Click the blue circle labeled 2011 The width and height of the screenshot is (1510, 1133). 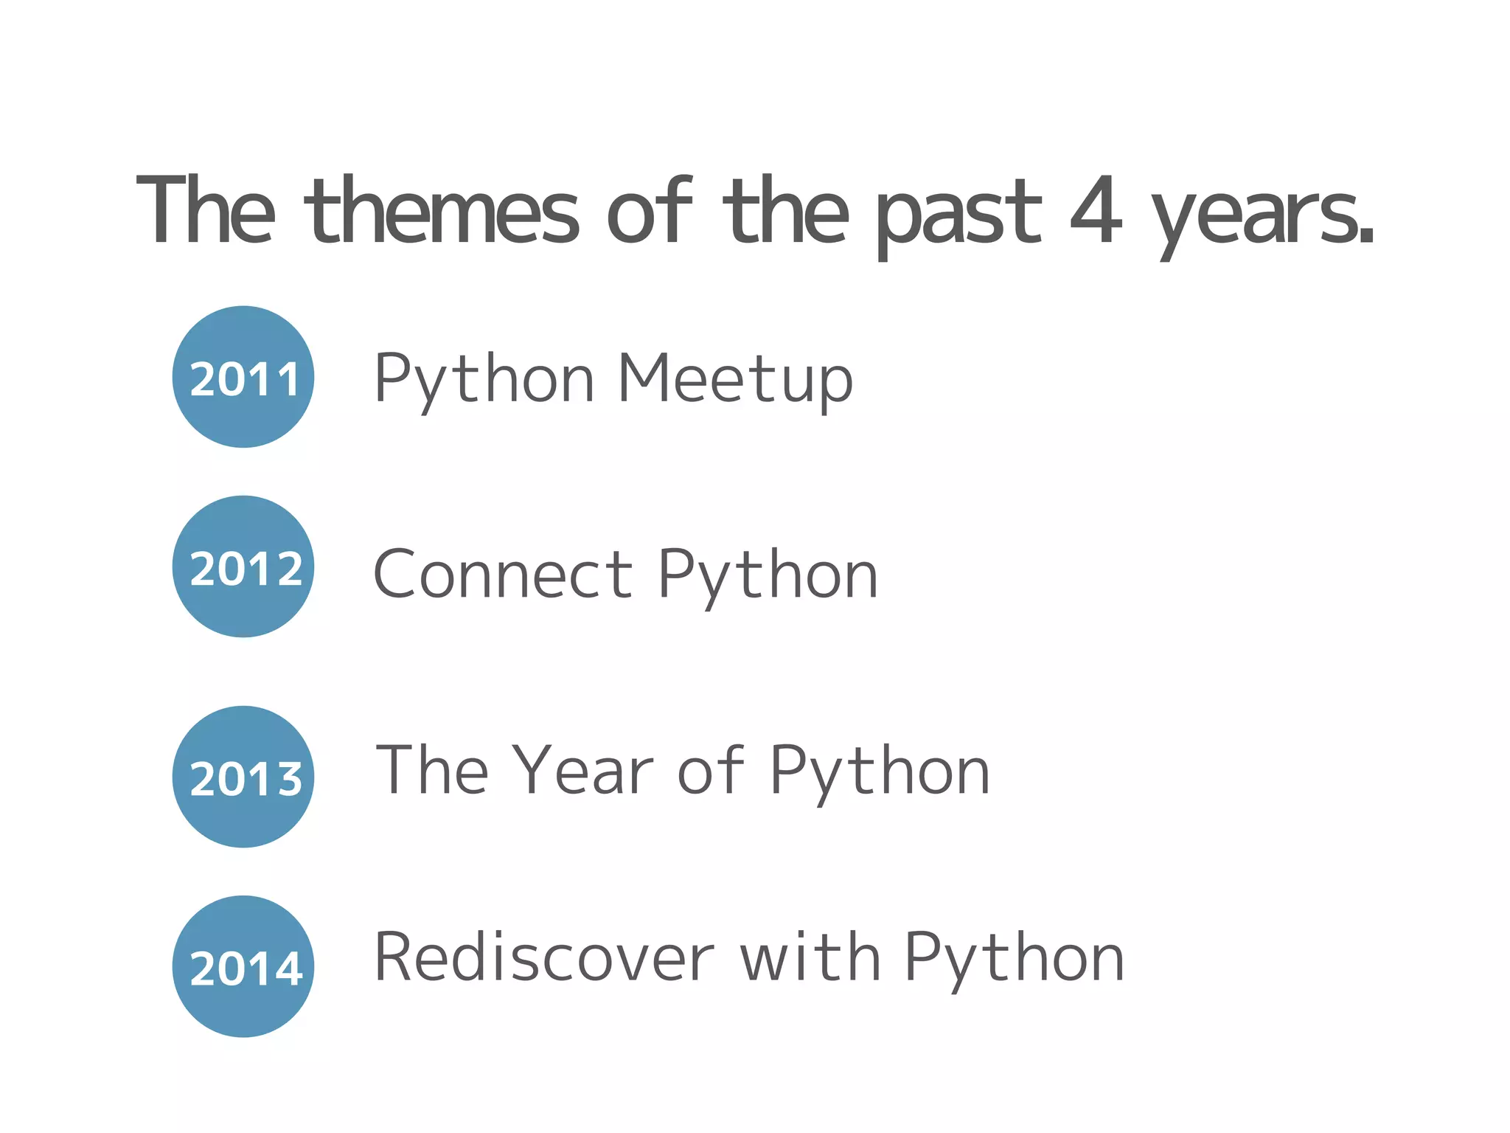point(243,377)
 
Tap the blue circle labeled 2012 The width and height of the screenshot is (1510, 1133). point(243,566)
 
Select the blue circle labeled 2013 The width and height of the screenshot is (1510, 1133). point(243,777)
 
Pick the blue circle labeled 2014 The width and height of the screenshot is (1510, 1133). point(243,966)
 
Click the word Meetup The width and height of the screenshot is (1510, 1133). point(734,380)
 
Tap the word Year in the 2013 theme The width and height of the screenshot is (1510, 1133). point(582,771)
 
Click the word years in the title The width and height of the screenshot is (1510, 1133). point(1262,218)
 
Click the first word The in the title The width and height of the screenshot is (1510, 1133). point(206,212)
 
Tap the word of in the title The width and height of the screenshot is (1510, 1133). point(649,212)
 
